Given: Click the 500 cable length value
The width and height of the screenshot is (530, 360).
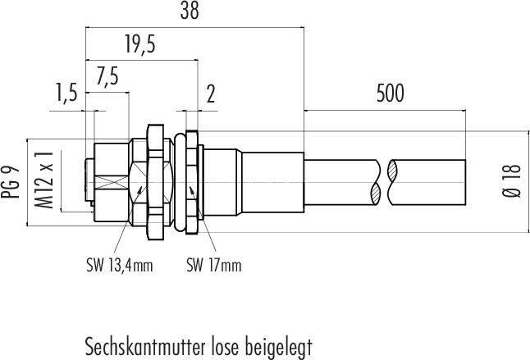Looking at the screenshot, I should coord(390,93).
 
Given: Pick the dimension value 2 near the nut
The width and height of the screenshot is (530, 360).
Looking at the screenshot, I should coord(211,96).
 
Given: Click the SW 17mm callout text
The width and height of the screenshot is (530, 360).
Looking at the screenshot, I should coord(213,265).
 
